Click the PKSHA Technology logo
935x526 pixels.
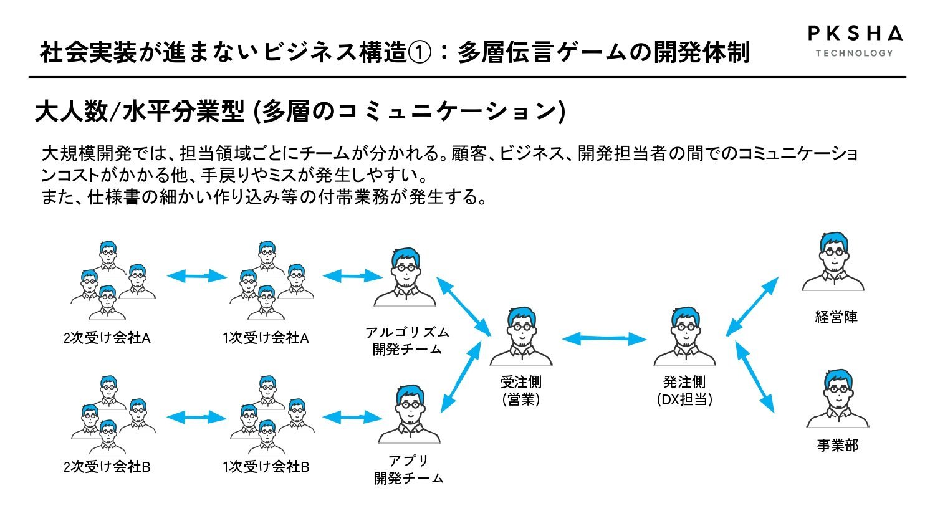[855, 41]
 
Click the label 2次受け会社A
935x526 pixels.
[107, 338]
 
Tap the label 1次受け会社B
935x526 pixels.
[266, 467]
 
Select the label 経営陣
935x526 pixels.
[836, 317]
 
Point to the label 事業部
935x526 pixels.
[838, 446]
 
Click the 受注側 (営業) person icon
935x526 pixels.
[521, 337]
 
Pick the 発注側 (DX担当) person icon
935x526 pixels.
[684, 337]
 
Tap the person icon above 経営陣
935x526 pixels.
[833, 261]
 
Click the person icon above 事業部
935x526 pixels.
[838, 398]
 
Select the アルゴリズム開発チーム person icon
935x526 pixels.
[405, 277]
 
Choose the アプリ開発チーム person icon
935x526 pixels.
[410, 414]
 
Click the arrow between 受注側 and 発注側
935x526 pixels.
[605, 338]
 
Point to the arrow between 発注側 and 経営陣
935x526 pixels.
[752, 307]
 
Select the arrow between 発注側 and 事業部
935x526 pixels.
[755, 377]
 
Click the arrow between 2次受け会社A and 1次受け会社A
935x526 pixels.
[196, 276]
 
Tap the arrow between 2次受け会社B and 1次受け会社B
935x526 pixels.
[196, 417]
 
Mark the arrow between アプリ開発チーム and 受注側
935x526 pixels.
[461, 377]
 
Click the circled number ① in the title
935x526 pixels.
[420, 53]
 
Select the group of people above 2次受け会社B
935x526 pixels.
[113, 414]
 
